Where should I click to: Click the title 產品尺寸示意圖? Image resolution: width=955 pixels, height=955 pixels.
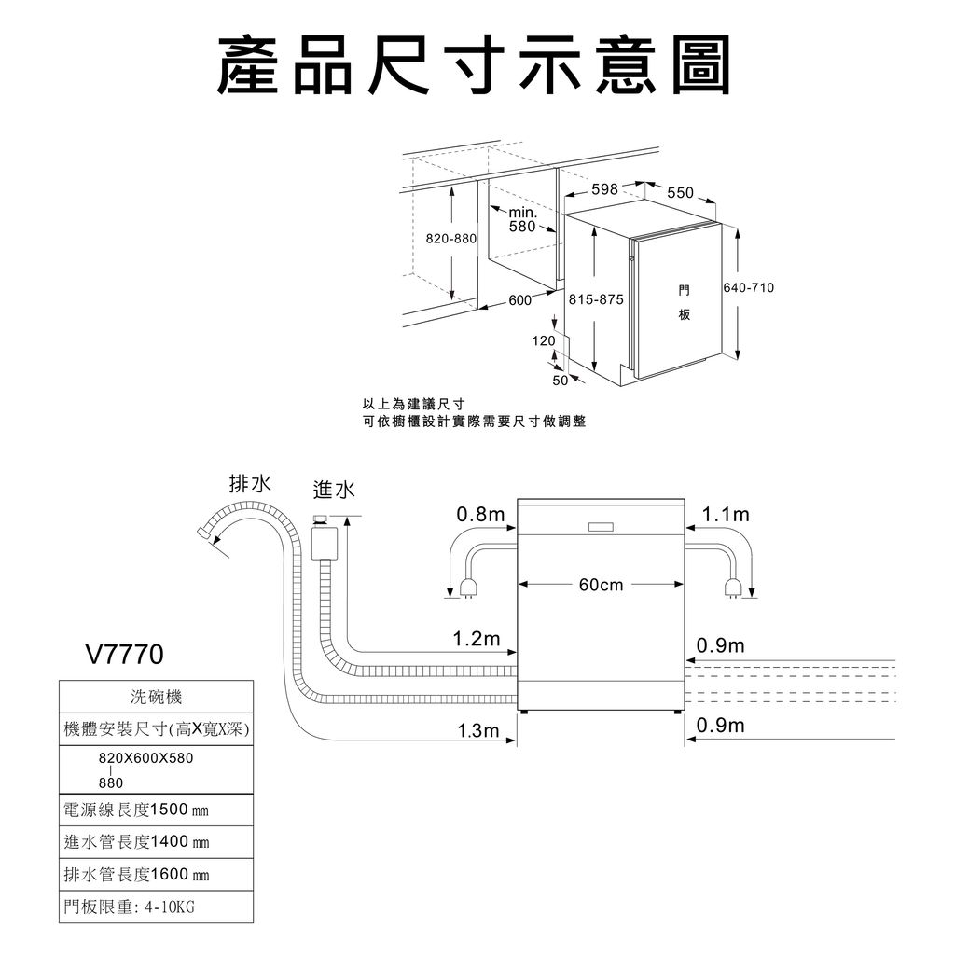(x=474, y=66)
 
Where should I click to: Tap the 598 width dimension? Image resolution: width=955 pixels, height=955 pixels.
(x=604, y=189)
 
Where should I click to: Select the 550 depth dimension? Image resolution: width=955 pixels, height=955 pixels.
(x=681, y=192)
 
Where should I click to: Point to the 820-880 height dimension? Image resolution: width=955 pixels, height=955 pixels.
(x=451, y=239)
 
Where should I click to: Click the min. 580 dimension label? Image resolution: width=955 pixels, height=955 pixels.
(x=522, y=220)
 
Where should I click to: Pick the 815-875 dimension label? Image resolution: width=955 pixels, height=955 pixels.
(x=595, y=299)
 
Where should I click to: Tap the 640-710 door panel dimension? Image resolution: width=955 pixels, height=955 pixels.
(x=749, y=287)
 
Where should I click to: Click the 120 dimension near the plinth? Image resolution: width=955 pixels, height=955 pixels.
(x=544, y=342)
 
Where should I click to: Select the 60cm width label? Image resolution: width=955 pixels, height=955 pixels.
(x=601, y=585)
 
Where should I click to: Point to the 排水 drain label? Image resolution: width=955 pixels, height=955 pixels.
(x=251, y=483)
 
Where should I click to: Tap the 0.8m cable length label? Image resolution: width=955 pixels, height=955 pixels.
(x=480, y=515)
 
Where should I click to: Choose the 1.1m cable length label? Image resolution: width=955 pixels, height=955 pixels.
(x=726, y=515)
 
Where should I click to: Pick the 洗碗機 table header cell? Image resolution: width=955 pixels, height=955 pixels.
(x=157, y=697)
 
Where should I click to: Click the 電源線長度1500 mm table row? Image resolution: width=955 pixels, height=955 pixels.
(x=136, y=808)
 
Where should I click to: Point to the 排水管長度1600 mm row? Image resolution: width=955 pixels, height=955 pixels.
(x=136, y=874)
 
